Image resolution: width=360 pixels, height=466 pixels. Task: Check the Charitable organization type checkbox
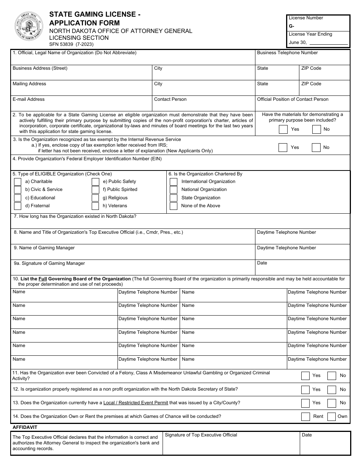click(17, 181)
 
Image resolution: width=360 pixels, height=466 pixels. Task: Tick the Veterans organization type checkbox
click(95, 206)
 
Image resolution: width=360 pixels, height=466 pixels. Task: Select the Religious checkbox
click(95, 198)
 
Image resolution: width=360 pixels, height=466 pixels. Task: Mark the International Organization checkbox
click(174, 181)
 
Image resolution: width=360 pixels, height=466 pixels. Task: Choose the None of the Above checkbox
click(174, 206)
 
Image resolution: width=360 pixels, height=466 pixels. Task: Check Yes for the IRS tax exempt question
click(283, 147)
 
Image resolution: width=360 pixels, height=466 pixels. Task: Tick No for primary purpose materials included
click(316, 130)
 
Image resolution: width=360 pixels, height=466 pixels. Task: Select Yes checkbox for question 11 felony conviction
click(305, 376)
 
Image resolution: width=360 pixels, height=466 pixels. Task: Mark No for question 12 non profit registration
click(332, 389)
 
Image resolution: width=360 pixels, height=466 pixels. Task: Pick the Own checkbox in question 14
click(332, 416)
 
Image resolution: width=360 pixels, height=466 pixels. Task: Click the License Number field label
click(306, 18)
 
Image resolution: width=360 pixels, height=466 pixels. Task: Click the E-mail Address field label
click(28, 99)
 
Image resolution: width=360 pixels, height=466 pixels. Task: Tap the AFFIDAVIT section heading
click(25, 427)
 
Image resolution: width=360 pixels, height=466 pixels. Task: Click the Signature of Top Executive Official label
click(201, 435)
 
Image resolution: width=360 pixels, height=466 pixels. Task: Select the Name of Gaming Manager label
click(44, 248)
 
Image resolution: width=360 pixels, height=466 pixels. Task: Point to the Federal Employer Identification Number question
click(87, 159)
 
